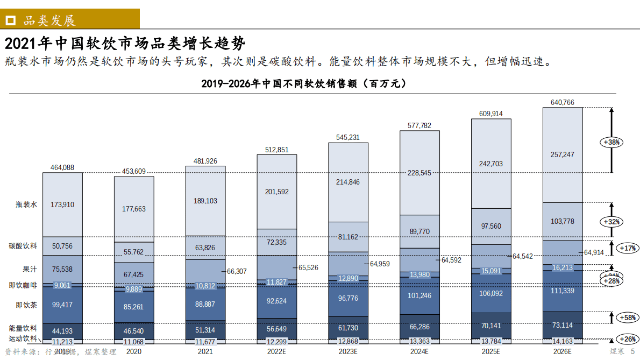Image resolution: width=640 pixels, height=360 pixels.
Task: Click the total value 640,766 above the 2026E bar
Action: click(x=563, y=102)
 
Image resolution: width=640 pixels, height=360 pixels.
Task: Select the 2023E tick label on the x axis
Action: click(x=348, y=351)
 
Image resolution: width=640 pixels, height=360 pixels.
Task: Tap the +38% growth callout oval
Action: click(x=612, y=142)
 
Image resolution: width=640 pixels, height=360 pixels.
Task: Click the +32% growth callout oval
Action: click(x=612, y=222)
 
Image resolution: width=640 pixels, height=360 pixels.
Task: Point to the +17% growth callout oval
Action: click(x=627, y=248)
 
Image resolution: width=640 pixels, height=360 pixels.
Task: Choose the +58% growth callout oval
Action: click(x=627, y=317)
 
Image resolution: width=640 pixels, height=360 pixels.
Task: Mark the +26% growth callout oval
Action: click(x=627, y=340)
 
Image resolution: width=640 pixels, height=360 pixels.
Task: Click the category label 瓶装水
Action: click(x=26, y=204)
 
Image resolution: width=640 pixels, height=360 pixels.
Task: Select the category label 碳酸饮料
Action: click(x=23, y=246)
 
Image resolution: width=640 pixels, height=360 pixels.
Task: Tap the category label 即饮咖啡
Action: click(x=23, y=285)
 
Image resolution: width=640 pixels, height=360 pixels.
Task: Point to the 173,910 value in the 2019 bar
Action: click(x=62, y=204)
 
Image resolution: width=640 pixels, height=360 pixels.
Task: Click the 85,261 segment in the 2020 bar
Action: click(x=134, y=307)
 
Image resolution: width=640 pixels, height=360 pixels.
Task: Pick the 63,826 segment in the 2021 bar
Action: click(x=205, y=248)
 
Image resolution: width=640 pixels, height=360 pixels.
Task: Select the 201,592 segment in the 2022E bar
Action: click(x=276, y=192)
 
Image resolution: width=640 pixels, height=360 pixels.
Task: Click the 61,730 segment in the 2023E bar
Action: click(x=348, y=328)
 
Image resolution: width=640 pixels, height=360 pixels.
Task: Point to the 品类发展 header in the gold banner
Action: click(x=49, y=20)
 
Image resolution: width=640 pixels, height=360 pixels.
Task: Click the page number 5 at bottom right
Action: click(x=632, y=351)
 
